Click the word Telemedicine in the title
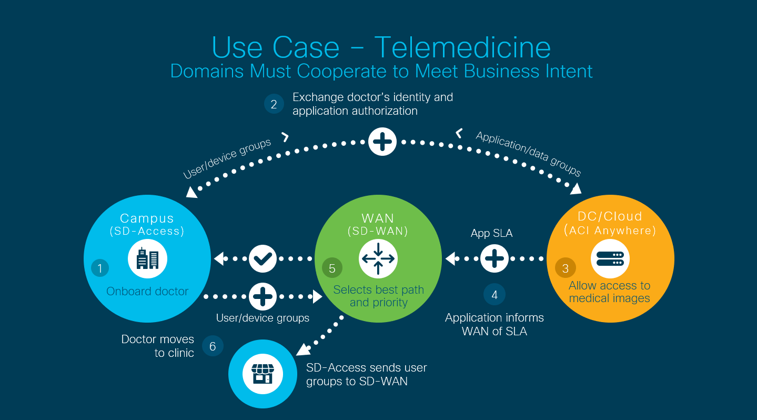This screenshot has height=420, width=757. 462,47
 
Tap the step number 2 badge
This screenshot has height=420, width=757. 274,104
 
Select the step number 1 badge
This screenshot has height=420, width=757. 100,268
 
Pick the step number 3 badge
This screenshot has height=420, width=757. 565,268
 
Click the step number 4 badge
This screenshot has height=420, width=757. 494,295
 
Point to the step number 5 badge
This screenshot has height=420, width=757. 332,268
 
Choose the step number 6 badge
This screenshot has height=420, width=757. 213,346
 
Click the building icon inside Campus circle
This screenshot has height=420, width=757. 147,259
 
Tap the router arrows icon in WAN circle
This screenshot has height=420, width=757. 378,259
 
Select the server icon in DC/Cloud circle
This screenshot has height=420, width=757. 610,259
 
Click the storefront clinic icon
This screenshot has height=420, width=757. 263,374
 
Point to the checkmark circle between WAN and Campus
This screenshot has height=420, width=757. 263,259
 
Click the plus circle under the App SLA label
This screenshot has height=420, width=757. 494,259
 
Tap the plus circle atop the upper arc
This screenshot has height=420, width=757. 382,142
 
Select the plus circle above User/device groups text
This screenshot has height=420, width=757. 263,296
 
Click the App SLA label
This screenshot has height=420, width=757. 491,233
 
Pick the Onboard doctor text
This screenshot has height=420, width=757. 147,291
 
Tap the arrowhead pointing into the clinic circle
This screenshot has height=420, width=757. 304,349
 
